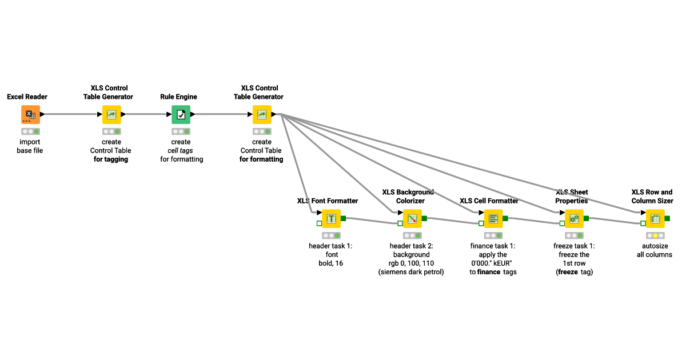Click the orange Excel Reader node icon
(x=30, y=114)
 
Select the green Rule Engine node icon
(x=181, y=114)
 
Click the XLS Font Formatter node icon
(x=331, y=219)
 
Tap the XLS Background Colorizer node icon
(x=412, y=219)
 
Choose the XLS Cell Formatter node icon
(x=493, y=219)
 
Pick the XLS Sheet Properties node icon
(x=574, y=219)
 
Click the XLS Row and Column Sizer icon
(x=655, y=219)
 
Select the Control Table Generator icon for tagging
(x=111, y=114)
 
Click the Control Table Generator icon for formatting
(x=262, y=114)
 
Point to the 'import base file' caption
(x=30, y=146)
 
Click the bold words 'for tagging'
(x=111, y=159)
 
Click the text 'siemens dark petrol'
(x=412, y=272)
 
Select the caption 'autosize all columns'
(x=655, y=250)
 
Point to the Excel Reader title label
(x=27, y=97)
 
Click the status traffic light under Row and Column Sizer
(x=655, y=235)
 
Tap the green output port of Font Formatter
(x=344, y=218)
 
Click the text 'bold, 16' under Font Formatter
(x=331, y=263)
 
